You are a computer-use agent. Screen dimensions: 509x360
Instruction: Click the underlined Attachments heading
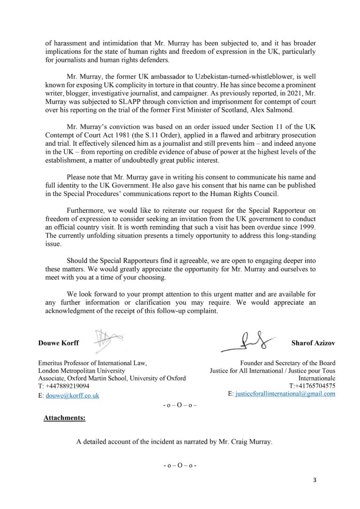pyautogui.click(x=64, y=418)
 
